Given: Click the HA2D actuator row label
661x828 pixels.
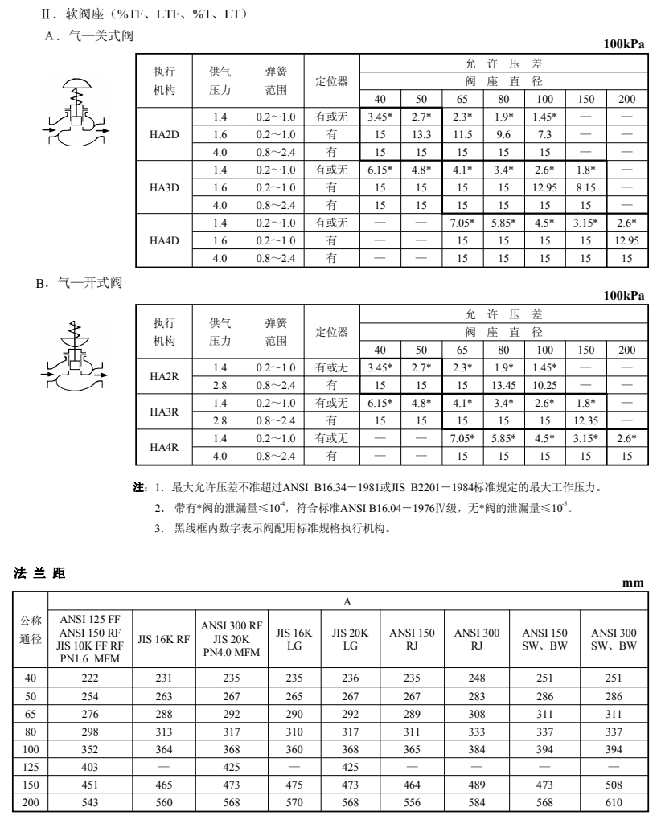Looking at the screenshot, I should [164, 134].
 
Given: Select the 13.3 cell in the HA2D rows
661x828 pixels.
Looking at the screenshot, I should [421, 134].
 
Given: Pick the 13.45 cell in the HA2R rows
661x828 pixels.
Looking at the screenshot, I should [503, 384].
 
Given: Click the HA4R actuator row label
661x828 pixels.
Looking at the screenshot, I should [164, 446].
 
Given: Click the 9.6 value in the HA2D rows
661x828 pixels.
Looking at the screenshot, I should [503, 134].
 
